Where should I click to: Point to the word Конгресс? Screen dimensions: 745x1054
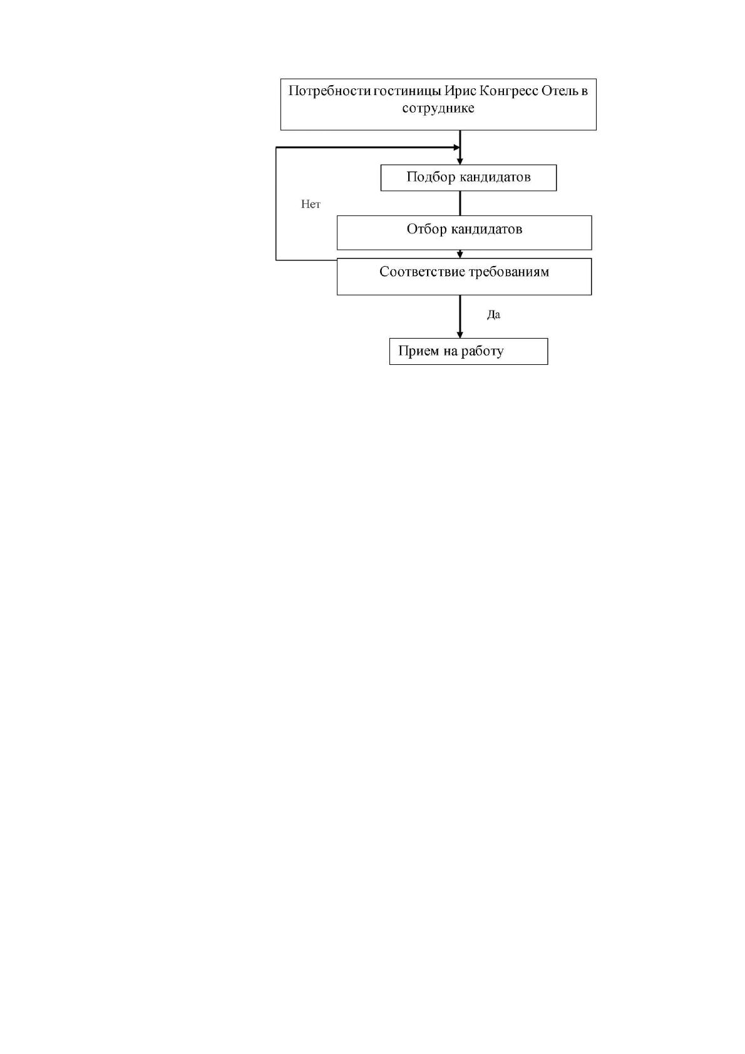pos(509,91)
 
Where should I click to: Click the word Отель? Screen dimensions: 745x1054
pos(560,90)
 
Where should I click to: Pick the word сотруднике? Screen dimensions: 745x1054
pos(438,109)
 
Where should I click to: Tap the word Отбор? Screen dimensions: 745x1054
pos(427,229)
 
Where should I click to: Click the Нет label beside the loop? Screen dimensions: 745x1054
pos(311,204)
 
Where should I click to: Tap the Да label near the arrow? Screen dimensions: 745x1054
pos(494,315)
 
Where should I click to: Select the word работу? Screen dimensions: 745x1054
pos(483,352)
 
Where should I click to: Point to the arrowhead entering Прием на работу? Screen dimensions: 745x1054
pos(460,335)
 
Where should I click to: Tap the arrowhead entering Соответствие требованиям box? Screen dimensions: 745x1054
pos(460,255)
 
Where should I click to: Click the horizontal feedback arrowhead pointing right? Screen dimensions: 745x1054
pos(456,148)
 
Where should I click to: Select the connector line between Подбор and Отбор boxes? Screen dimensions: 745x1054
pos(460,203)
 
